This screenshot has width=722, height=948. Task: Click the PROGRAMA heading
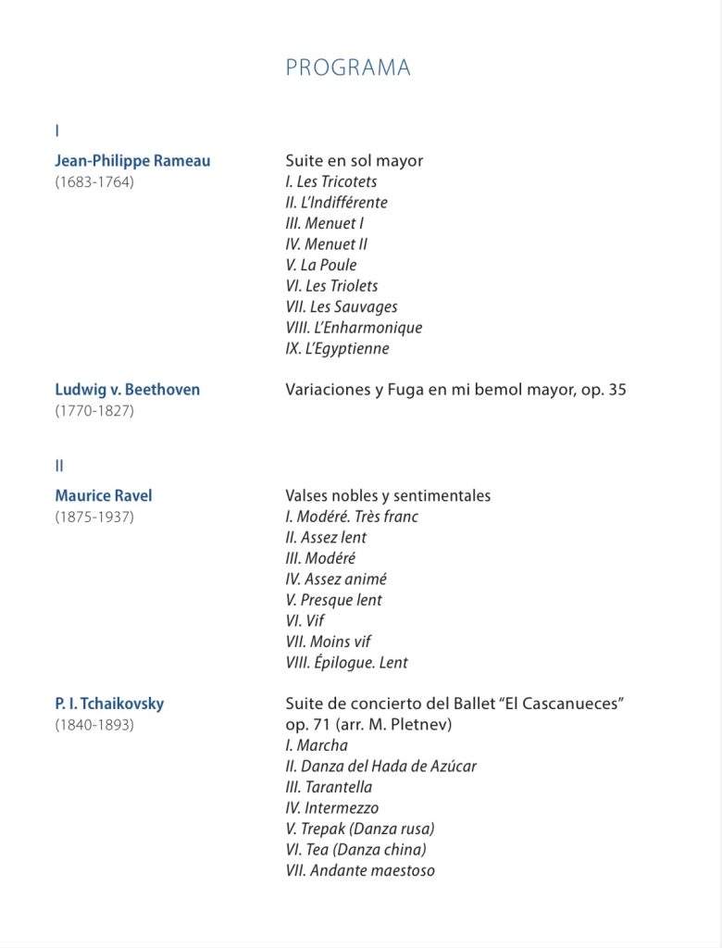(347, 68)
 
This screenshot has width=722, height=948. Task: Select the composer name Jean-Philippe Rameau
(132, 161)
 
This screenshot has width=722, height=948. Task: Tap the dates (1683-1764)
(93, 182)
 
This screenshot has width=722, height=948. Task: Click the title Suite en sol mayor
(354, 161)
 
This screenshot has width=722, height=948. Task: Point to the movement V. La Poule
(321, 265)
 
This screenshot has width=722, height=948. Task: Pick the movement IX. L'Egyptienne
(337, 349)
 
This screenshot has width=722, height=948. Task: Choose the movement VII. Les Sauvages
(342, 306)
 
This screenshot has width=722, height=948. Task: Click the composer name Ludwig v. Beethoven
(127, 390)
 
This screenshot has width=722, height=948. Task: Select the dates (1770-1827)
(93, 411)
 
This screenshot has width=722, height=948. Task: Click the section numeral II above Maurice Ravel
(59, 466)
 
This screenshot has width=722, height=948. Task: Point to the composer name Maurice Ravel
(103, 496)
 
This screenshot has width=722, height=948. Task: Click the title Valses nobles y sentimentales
(388, 496)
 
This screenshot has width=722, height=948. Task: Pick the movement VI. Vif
(305, 621)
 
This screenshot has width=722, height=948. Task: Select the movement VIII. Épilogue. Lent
(346, 663)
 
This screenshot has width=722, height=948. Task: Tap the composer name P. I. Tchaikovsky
(109, 704)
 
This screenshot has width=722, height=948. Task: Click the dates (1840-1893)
(93, 725)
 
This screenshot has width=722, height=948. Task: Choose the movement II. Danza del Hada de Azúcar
(380, 767)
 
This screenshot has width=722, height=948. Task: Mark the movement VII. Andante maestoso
(360, 871)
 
